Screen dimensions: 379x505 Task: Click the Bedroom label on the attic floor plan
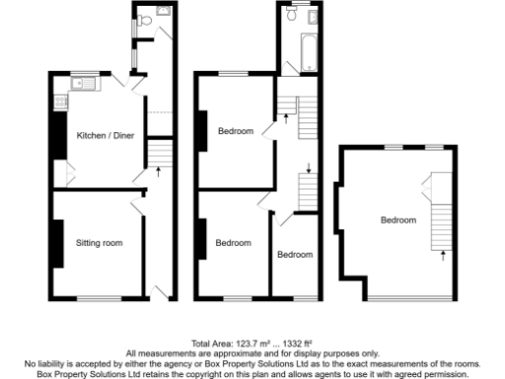(x=398, y=220)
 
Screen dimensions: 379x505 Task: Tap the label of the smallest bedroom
(x=295, y=254)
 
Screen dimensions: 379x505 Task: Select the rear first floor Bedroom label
(x=236, y=131)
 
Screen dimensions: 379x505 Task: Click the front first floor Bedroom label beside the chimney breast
(x=233, y=243)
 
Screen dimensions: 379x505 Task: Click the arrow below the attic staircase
(x=442, y=256)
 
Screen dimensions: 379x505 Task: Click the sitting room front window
(x=99, y=298)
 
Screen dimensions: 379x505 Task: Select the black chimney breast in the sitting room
(x=57, y=241)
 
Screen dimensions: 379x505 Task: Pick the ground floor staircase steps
(x=160, y=152)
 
